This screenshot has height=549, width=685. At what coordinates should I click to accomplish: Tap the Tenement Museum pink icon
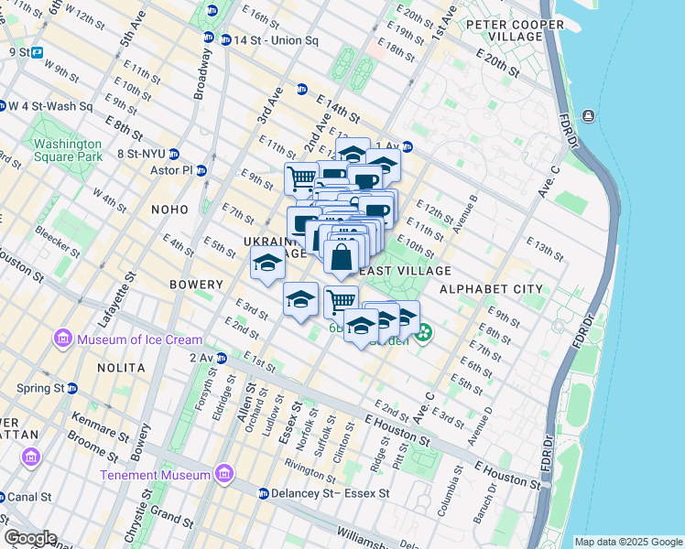point(223,474)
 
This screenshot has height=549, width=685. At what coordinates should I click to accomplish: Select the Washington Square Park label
point(68,150)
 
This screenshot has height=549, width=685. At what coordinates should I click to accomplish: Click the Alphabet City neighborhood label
point(491,289)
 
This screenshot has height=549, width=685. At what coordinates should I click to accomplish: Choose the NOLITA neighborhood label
point(121,367)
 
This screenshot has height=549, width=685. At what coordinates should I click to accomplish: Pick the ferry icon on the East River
point(587,115)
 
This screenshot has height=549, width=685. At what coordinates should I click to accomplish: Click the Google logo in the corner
point(30,538)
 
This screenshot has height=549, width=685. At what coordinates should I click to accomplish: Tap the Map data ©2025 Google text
point(628,542)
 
